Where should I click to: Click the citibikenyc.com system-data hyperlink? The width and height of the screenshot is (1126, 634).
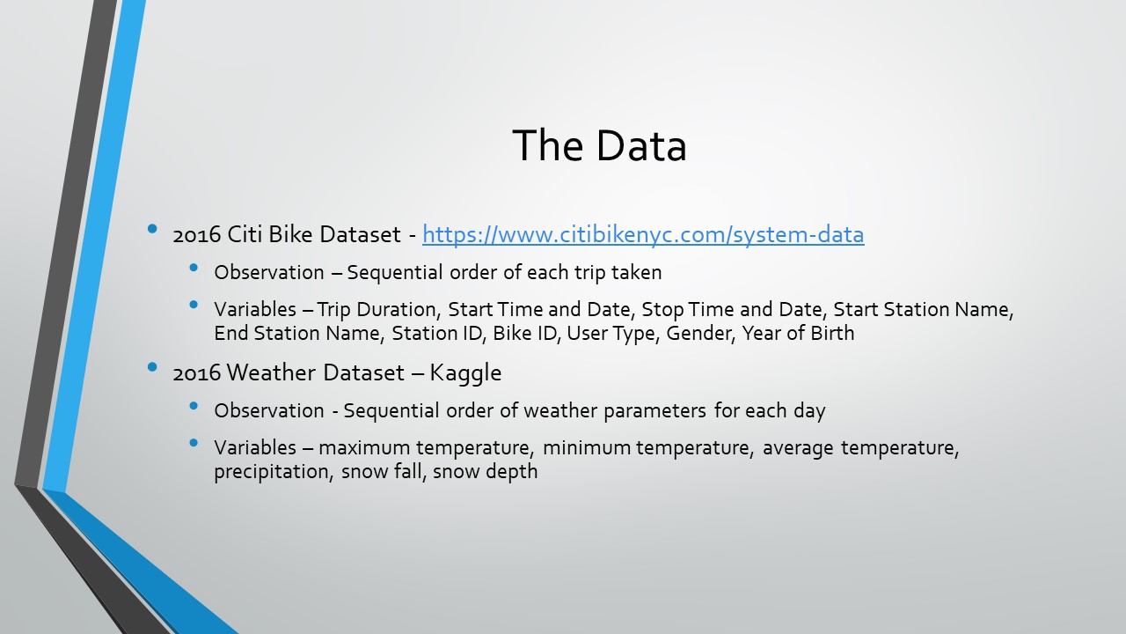point(643,235)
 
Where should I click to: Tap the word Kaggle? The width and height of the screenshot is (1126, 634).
point(465,372)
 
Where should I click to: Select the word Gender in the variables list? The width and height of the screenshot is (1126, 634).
point(699,334)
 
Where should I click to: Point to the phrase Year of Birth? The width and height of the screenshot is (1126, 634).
point(798,334)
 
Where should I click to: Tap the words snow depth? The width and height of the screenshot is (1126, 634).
point(485,472)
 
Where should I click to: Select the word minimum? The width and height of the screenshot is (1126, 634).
point(587,448)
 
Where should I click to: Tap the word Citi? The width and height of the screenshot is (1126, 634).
point(245,235)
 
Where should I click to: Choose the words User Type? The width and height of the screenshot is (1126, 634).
point(612,334)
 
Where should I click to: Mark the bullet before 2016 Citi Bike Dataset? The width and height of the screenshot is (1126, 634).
point(153,230)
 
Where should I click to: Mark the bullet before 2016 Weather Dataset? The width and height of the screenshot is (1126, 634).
point(153,367)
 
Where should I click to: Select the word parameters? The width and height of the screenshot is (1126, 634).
point(660,411)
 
